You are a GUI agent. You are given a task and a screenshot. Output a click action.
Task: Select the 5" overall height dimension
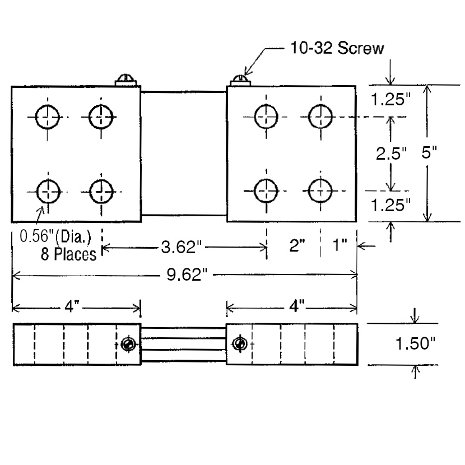pyautogui.click(x=429, y=153)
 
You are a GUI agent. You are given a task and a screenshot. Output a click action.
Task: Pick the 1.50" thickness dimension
pyautogui.click(x=416, y=343)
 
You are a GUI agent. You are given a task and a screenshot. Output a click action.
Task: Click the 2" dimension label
pyautogui.click(x=296, y=247)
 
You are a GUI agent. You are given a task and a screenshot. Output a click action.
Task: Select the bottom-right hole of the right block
pyautogui.click(x=320, y=191)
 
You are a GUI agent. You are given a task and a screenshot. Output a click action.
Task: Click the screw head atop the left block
pyautogui.click(x=127, y=80)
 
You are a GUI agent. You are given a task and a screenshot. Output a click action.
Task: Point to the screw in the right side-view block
pyautogui.click(x=240, y=343)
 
